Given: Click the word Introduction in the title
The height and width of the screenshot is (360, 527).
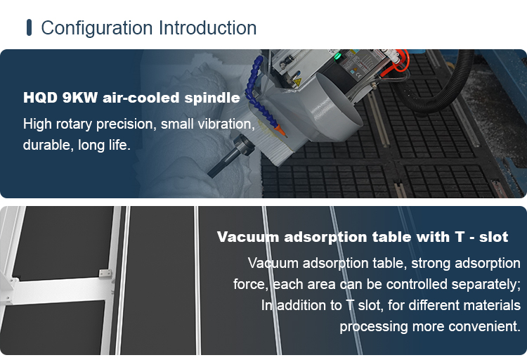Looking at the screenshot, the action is click(x=208, y=27).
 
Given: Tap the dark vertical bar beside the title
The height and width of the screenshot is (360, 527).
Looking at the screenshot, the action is click(x=29, y=27).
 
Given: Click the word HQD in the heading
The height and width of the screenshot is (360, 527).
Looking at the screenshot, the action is click(x=40, y=98).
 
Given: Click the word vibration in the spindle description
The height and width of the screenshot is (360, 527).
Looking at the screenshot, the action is click(x=226, y=124).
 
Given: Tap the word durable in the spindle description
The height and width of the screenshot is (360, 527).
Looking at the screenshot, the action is click(x=46, y=145).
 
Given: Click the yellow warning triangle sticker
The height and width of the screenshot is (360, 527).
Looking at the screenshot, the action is click(x=297, y=82).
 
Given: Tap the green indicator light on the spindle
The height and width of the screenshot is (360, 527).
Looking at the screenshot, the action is click(x=338, y=56).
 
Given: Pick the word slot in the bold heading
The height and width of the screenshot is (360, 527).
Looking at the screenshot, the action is click(x=493, y=237).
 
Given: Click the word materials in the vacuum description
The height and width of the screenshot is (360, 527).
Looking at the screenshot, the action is click(x=492, y=305).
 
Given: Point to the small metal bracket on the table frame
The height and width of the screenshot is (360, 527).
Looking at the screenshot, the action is click(x=105, y=274).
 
